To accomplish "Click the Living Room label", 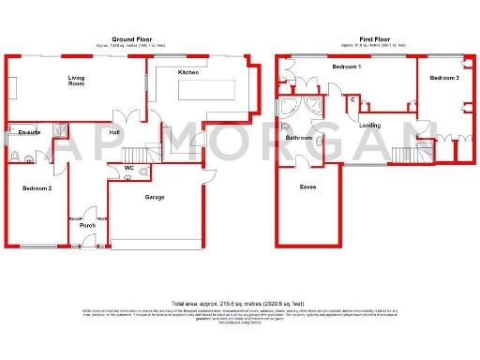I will pyautogui.click(x=75, y=81).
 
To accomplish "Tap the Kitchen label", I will pyautogui.click(x=187, y=72).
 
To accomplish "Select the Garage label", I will pyautogui.click(x=155, y=199).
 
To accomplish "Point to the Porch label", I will pyautogui.click(x=88, y=225).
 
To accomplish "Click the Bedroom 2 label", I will pyautogui.click(x=37, y=188).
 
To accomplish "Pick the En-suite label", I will pyautogui.click(x=27, y=134).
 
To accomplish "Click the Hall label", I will pyautogui.click(x=114, y=133).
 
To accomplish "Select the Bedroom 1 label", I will pyautogui.click(x=347, y=67).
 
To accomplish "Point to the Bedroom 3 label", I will pyautogui.click(x=444, y=77).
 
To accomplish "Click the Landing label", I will pyautogui.click(x=369, y=124).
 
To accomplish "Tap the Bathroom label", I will pyautogui.click(x=298, y=139).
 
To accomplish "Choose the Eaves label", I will pyautogui.click(x=307, y=187).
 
